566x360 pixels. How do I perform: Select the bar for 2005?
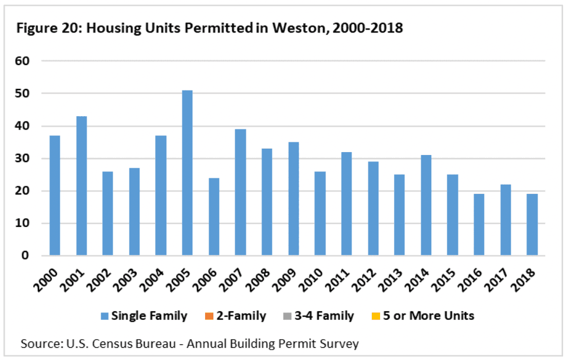point(187,173)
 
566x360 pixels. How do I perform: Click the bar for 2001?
point(81,186)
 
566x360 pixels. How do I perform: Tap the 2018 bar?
point(532,225)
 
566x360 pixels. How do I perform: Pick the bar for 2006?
point(214,217)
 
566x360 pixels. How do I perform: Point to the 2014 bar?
point(426,205)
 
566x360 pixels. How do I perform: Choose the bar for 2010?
point(320,214)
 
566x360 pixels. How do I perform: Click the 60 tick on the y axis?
point(22,61)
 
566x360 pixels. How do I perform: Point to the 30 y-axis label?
point(22,159)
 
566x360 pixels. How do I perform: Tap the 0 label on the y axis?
point(25,255)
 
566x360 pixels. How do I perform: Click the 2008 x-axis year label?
point(259,280)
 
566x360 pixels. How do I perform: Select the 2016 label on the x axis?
point(471,280)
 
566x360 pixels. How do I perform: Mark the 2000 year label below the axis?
point(46,280)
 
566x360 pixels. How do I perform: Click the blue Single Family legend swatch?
point(105,316)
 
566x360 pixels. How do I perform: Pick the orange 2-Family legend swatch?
point(209,316)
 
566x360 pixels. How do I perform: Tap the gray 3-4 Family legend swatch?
point(287,316)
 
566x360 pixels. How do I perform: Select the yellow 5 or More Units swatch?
point(376,316)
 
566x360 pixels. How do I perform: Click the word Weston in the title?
point(300,28)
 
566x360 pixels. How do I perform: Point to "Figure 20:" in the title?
point(49,28)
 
